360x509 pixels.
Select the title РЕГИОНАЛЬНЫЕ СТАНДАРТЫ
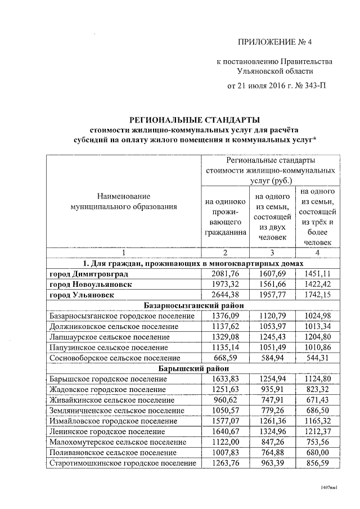point(195,120)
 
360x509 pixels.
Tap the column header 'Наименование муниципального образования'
point(124,201)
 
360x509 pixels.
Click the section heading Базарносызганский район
point(194,305)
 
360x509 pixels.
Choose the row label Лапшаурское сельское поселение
point(109,337)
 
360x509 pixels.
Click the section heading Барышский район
point(194,369)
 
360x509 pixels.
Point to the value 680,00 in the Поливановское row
point(318,453)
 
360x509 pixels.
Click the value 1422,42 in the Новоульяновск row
point(318,285)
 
